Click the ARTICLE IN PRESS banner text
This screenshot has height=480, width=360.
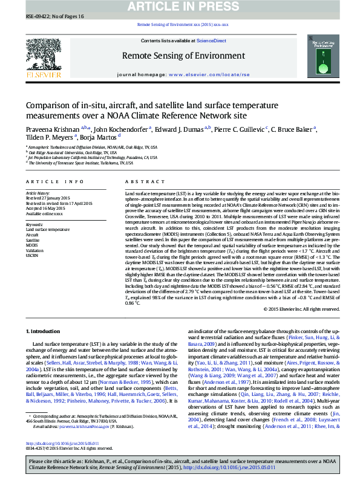180,7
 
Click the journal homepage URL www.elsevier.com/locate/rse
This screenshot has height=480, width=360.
200,74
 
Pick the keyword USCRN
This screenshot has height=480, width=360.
33,256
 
